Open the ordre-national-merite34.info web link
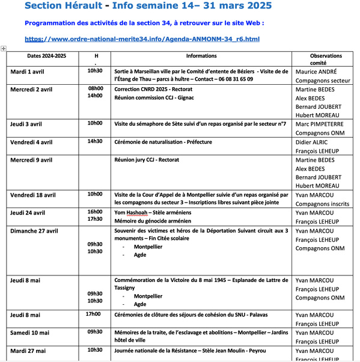(x=142, y=39)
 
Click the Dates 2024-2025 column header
(x=46, y=55)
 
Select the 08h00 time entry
(x=96, y=88)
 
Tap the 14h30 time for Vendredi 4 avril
(x=95, y=142)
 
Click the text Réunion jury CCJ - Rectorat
(x=147, y=159)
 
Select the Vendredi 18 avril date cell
(x=35, y=195)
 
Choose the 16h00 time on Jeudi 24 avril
(x=95, y=212)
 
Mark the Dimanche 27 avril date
(x=34, y=230)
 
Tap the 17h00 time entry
(x=93, y=314)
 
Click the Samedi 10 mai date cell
(x=30, y=332)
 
